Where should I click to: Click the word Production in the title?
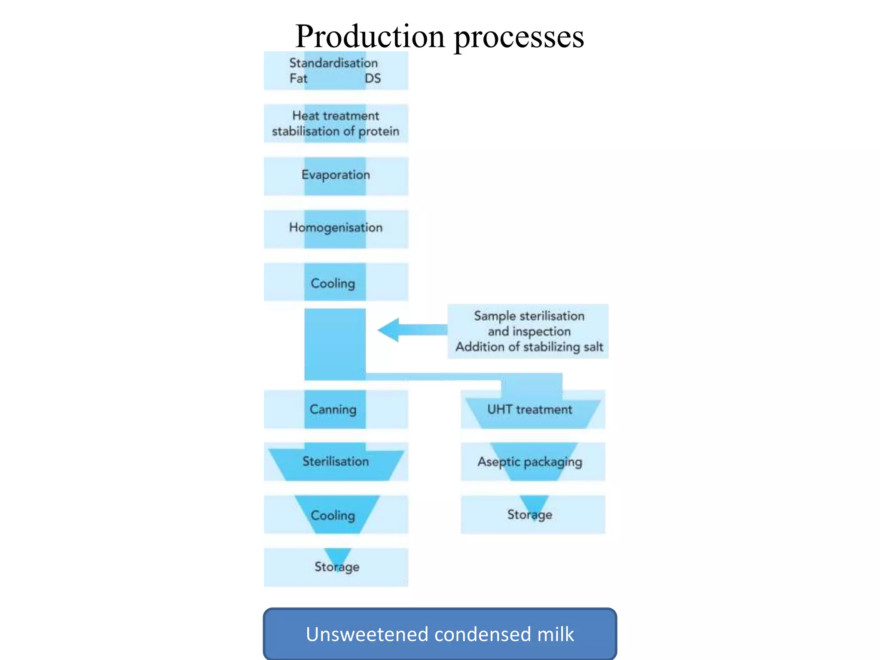(x=370, y=37)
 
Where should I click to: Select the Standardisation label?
(x=333, y=63)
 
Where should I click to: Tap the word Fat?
(x=298, y=79)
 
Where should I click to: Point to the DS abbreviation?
(x=373, y=79)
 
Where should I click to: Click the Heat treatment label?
(x=336, y=116)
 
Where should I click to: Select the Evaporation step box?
(x=336, y=176)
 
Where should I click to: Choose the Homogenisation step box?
(x=336, y=228)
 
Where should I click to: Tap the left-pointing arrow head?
(x=389, y=330)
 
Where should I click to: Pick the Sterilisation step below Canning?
(x=336, y=461)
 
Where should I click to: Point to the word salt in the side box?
(x=593, y=347)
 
